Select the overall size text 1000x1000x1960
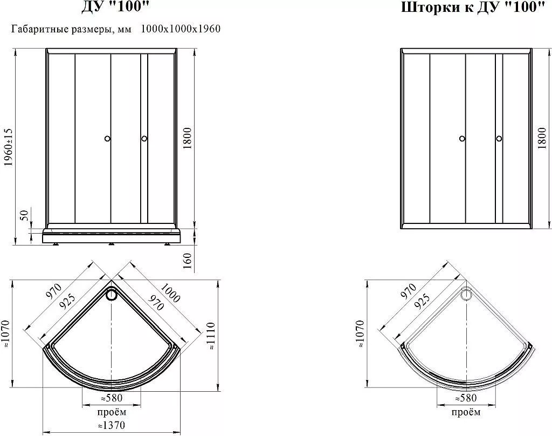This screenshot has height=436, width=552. click(x=181, y=29)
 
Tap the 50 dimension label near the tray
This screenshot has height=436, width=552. click(x=24, y=215)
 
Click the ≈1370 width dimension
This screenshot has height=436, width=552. click(x=111, y=425)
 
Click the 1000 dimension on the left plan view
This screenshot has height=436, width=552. click(x=170, y=293)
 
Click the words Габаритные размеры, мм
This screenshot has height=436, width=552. click(x=72, y=29)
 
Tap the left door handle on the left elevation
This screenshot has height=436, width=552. click(x=108, y=139)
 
